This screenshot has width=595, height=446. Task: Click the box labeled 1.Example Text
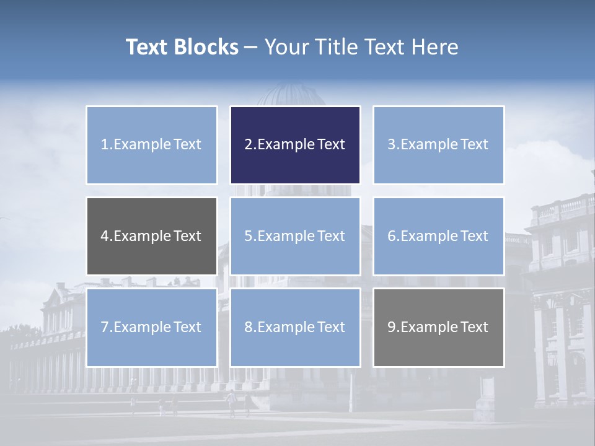click(x=152, y=145)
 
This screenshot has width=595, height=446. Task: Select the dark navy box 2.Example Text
click(x=295, y=145)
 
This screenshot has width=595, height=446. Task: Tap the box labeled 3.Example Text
click(x=438, y=145)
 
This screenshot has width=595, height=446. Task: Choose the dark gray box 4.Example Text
click(x=152, y=236)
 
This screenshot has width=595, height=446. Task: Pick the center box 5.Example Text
click(x=295, y=236)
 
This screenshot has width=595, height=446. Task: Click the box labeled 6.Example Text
click(x=438, y=236)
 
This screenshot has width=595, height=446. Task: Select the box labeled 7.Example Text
click(x=152, y=327)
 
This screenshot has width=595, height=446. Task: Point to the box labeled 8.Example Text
click(x=295, y=327)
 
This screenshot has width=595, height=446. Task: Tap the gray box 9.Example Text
click(x=438, y=327)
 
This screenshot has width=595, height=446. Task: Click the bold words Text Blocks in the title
click(x=182, y=47)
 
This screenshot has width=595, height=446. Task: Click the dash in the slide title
click(x=251, y=47)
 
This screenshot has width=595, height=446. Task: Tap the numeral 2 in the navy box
click(x=248, y=145)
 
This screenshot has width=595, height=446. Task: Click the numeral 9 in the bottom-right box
click(x=392, y=327)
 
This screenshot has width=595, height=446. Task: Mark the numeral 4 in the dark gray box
click(x=105, y=236)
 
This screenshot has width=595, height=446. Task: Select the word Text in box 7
click(x=188, y=327)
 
